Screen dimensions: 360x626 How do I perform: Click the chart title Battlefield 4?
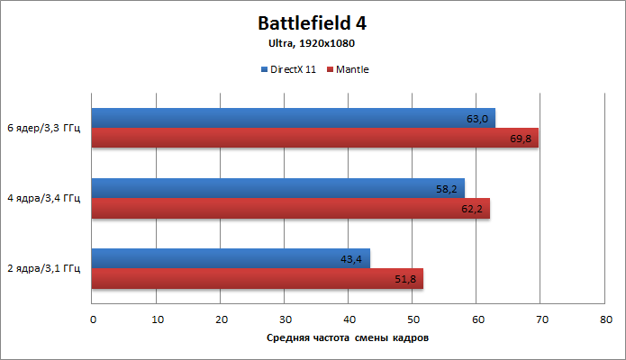tap(313, 22)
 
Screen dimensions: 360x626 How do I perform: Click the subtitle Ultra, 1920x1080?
tap(313, 43)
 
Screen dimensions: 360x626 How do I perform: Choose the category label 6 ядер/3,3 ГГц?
tap(43, 128)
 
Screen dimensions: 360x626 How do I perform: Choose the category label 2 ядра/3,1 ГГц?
tap(43, 268)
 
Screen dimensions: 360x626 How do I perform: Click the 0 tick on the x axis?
tap(93, 319)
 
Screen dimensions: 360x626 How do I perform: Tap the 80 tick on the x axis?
tap(606, 319)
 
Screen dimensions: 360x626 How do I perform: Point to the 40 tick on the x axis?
tap(349, 319)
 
